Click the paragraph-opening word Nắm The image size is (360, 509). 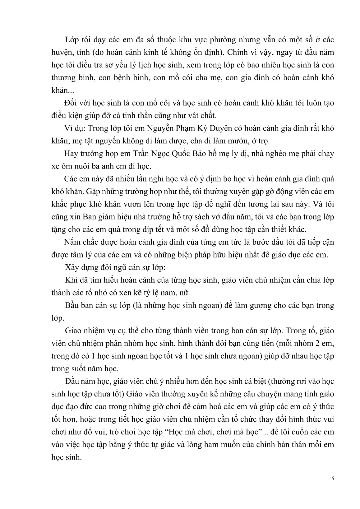[x=72, y=242]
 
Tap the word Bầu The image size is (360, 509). [x=72, y=305]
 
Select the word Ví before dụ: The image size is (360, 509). [x=69, y=128]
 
